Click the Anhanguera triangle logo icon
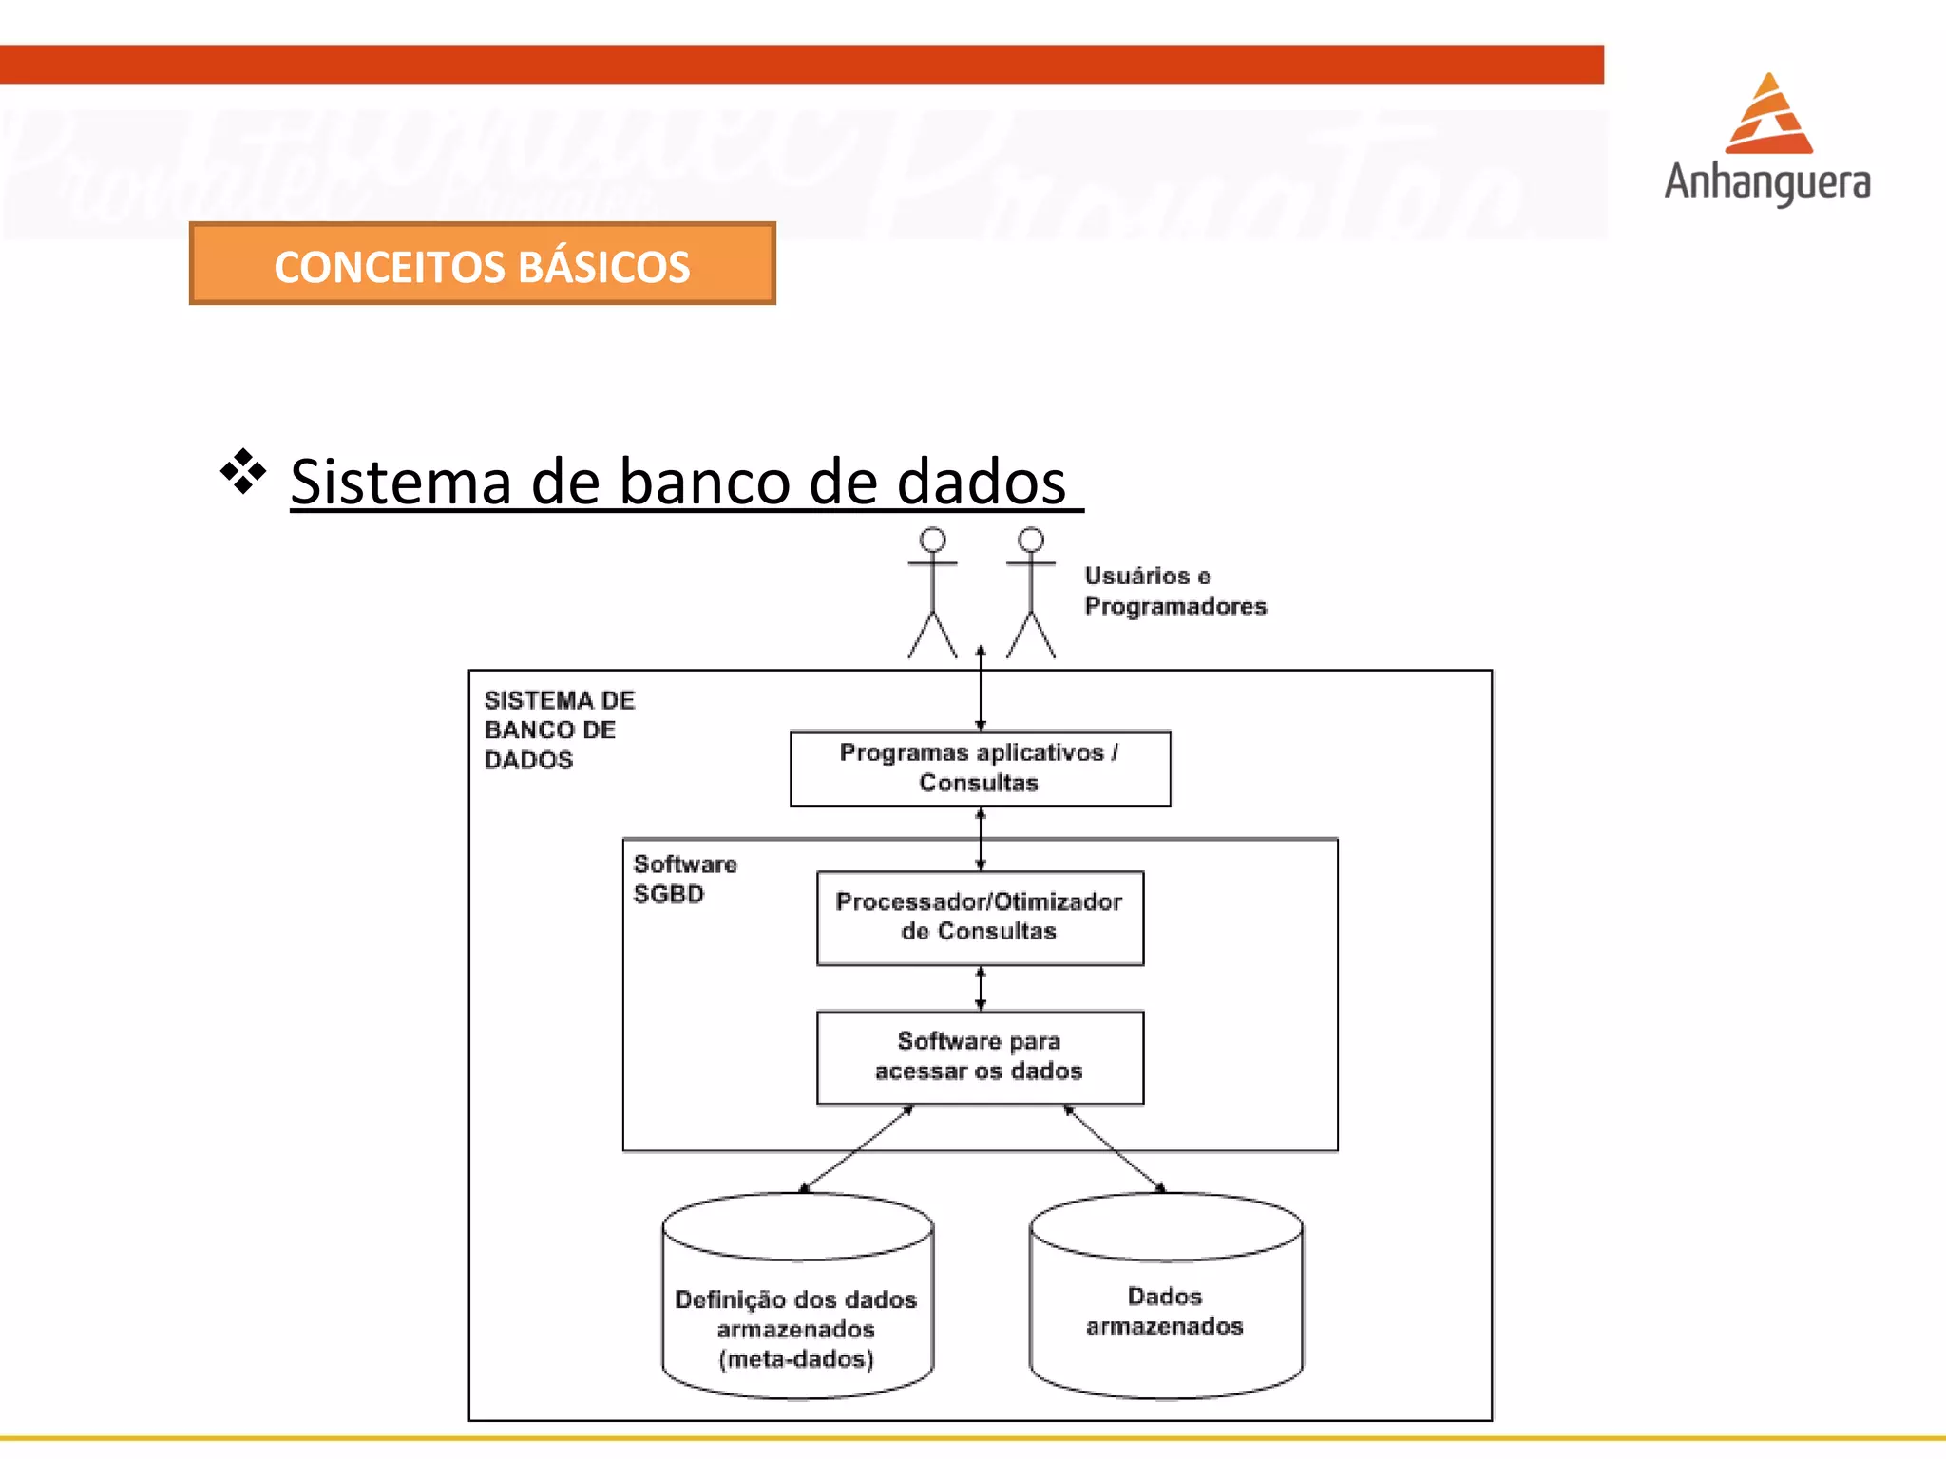1768,116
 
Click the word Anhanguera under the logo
1766,182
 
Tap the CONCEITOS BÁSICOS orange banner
482,264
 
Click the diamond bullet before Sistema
243,471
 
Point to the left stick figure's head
932,540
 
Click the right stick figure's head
1031,540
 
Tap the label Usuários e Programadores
1174,591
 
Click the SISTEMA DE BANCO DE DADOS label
558,729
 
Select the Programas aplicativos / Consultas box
980,768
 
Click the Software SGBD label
684,879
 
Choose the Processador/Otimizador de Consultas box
980,918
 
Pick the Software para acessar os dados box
980,1056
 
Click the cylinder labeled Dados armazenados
1165,1311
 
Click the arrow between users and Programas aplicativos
981,692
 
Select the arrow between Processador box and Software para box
981,988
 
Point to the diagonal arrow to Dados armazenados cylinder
1115,1148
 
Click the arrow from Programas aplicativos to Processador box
981,839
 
